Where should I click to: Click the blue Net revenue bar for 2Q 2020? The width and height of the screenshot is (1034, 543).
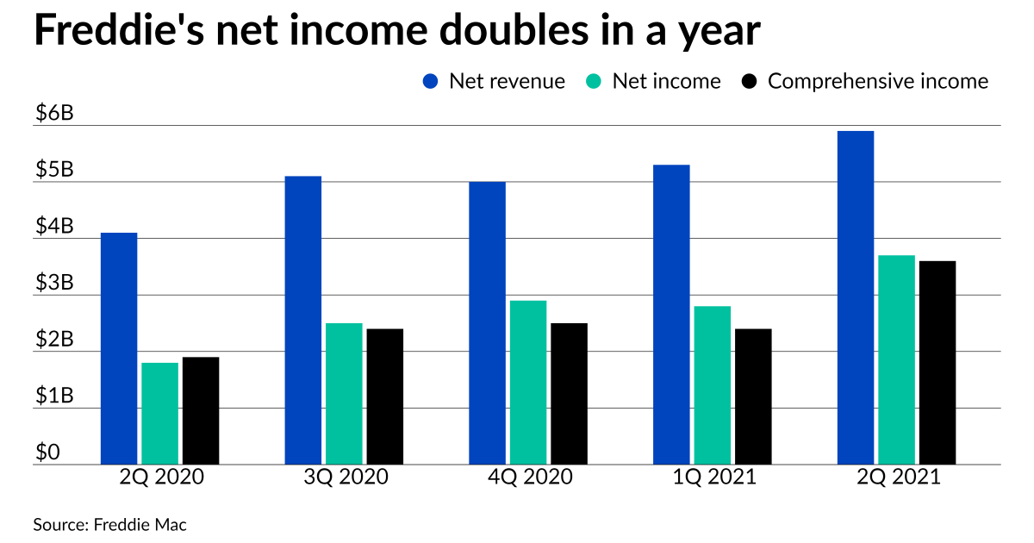119,348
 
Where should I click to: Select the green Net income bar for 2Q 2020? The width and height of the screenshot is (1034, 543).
159,414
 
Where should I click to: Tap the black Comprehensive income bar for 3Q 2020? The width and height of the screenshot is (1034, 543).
384,396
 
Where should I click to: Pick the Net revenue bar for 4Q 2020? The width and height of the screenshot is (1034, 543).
487,323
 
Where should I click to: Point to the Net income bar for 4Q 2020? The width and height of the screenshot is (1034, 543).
527,383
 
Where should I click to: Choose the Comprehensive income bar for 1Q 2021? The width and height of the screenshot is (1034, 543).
753,396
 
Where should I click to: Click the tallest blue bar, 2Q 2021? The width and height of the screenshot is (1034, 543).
856,297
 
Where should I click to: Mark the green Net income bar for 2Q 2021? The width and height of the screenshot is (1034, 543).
896,359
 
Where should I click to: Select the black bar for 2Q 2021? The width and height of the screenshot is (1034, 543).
937,362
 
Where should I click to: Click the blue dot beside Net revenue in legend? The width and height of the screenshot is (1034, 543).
431,82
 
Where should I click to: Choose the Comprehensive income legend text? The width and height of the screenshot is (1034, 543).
878,82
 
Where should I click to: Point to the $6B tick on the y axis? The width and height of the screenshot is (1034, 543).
54,115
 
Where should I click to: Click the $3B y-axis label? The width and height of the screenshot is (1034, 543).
54,284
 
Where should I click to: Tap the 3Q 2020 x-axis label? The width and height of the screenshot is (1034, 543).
344,477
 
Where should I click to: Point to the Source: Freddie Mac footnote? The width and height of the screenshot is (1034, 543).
109,524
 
